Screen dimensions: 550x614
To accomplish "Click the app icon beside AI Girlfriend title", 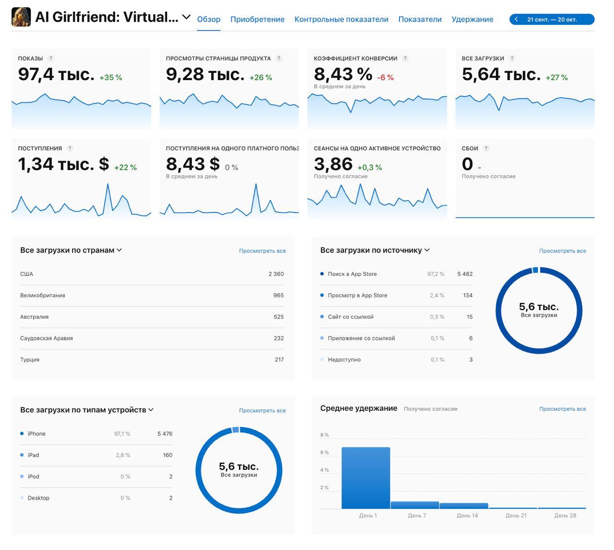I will pyautogui.click(x=21, y=17).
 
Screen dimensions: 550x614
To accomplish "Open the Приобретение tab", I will pyautogui.click(x=257, y=19).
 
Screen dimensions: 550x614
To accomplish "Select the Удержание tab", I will pyautogui.click(x=472, y=19).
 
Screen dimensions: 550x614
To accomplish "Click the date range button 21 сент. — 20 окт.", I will pyautogui.click(x=552, y=20).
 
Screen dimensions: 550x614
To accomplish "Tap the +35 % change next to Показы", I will pyautogui.click(x=111, y=77).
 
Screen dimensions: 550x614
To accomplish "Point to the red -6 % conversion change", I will pyautogui.click(x=385, y=77).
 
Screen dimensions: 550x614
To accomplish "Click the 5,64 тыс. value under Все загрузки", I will pyautogui.click(x=501, y=74).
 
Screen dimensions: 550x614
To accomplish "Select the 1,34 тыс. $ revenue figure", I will pyautogui.click(x=63, y=164).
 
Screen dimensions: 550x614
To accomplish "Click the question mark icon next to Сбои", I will pyautogui.click(x=486, y=148).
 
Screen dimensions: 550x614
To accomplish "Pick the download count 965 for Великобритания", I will pyautogui.click(x=278, y=296).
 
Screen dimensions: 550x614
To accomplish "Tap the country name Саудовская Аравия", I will pyautogui.click(x=47, y=338).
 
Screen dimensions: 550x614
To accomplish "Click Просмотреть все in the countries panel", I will pyautogui.click(x=262, y=251).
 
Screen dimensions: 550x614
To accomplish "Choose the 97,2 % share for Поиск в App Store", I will pyautogui.click(x=436, y=274).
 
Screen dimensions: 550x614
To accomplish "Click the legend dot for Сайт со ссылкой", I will pyautogui.click(x=322, y=317).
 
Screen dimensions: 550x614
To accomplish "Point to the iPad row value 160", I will pyautogui.click(x=167, y=455).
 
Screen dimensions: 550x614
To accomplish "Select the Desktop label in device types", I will pyautogui.click(x=38, y=498).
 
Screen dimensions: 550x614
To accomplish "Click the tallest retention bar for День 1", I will pyautogui.click(x=366, y=478).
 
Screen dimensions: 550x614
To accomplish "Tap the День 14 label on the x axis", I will pyautogui.click(x=467, y=515).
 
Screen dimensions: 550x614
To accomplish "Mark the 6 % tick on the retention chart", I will pyautogui.click(x=325, y=453).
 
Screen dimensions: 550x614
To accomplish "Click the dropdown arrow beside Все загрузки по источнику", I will pyautogui.click(x=427, y=250).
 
